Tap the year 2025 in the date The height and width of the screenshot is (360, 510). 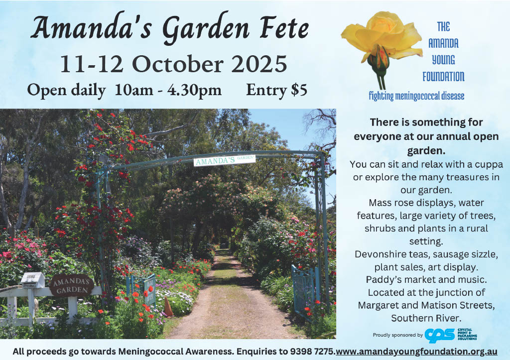tap(259, 64)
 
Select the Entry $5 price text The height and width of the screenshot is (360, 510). tap(276, 90)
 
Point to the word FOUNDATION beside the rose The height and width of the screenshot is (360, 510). tap(443, 77)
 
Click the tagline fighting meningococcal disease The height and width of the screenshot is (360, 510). tap(416, 96)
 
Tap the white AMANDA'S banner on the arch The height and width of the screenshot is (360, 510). tap(225, 160)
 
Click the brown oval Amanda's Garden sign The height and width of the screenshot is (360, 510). tap(72, 285)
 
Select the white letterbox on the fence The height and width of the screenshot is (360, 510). tap(32, 280)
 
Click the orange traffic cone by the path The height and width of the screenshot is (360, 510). tap(168, 307)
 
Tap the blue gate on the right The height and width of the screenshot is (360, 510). tap(305, 290)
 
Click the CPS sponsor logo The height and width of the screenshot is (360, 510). tap(451, 334)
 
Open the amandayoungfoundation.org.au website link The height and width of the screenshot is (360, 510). tap(416, 352)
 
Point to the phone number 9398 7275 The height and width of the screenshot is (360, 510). tap(312, 352)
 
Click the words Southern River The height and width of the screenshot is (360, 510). tap(426, 318)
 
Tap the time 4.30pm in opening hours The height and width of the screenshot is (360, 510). tap(195, 90)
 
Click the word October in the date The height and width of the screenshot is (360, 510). tap(177, 64)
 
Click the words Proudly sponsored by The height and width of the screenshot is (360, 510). tap(398, 335)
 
